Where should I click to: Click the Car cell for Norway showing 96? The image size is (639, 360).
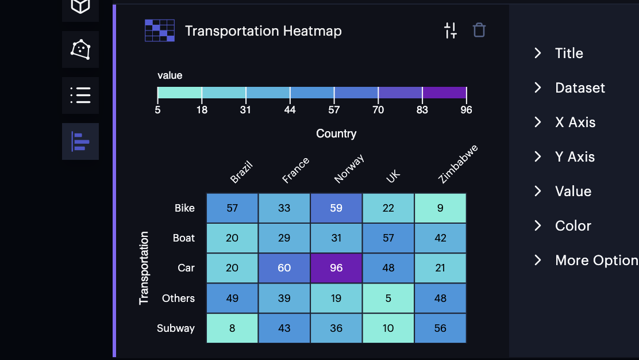click(x=336, y=268)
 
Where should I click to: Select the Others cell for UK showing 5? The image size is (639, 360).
click(x=388, y=298)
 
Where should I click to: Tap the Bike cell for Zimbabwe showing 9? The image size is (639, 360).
click(x=440, y=208)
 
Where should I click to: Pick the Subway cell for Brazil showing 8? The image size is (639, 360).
click(x=232, y=328)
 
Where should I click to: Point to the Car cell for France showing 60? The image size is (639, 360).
click(x=284, y=268)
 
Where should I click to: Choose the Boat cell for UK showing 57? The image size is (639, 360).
click(x=388, y=238)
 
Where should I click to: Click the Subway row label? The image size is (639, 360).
click(x=176, y=328)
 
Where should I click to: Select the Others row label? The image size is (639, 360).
click(x=178, y=298)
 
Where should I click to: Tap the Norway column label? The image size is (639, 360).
click(x=349, y=169)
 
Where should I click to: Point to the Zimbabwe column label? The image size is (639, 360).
click(x=457, y=164)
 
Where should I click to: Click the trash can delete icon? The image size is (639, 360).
click(x=479, y=30)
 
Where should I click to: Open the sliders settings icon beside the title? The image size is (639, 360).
click(x=451, y=30)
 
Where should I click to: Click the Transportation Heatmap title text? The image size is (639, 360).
click(x=263, y=31)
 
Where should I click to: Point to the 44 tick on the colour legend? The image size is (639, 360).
click(x=290, y=109)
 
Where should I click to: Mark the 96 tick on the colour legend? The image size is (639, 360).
click(x=466, y=109)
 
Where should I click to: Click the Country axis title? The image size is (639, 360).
click(x=336, y=133)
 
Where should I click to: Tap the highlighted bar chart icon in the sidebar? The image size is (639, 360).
click(x=80, y=141)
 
